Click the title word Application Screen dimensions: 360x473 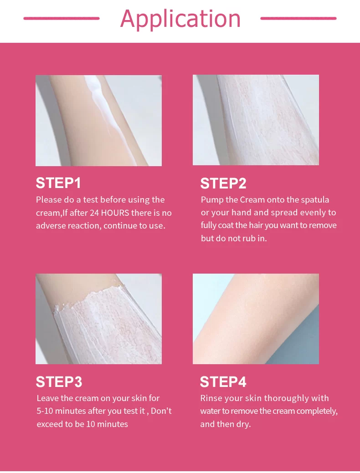coord(180,19)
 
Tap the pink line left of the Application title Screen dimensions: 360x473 coord(62,18)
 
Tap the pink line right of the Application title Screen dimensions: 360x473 coord(298,18)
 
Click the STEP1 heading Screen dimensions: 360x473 coord(58,183)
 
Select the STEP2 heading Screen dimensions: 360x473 coord(223,183)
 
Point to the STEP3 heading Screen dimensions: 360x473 coord(59,381)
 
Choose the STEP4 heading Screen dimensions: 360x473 coord(223,381)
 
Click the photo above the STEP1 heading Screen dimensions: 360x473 coord(99,121)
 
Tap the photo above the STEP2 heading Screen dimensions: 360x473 coord(256,120)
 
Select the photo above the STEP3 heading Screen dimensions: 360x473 coord(99,319)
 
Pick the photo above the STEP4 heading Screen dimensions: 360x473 coord(256,319)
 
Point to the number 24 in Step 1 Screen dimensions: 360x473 coord(94,213)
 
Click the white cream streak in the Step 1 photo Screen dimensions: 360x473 coord(103,106)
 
